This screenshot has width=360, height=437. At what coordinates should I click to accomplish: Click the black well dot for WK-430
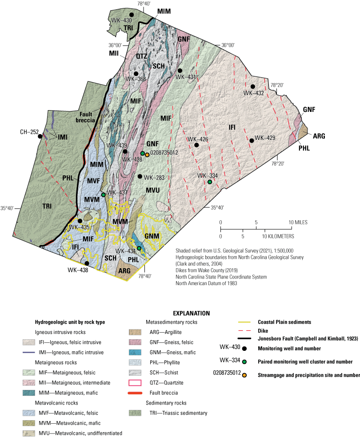[132, 15]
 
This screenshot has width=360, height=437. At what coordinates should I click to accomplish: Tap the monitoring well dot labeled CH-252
[40, 136]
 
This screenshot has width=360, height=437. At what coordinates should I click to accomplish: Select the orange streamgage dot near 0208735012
[147, 154]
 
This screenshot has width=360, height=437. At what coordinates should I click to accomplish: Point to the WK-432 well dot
[252, 86]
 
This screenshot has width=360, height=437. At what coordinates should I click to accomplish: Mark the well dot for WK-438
[87, 263]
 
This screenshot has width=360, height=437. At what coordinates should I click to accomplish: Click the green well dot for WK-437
[103, 195]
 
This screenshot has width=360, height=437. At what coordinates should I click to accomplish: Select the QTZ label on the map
[142, 56]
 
